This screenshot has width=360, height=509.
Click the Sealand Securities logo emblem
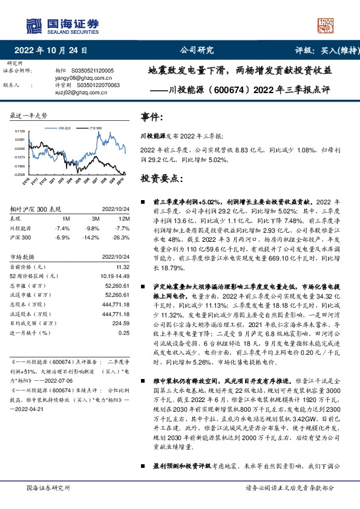pos(33,25)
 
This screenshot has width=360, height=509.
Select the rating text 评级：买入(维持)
pos(320,51)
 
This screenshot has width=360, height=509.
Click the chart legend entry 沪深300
pos(93,129)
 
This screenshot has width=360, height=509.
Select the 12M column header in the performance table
pos(125,218)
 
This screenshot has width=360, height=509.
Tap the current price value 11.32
pos(124,267)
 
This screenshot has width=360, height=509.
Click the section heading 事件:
pos(152,116)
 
